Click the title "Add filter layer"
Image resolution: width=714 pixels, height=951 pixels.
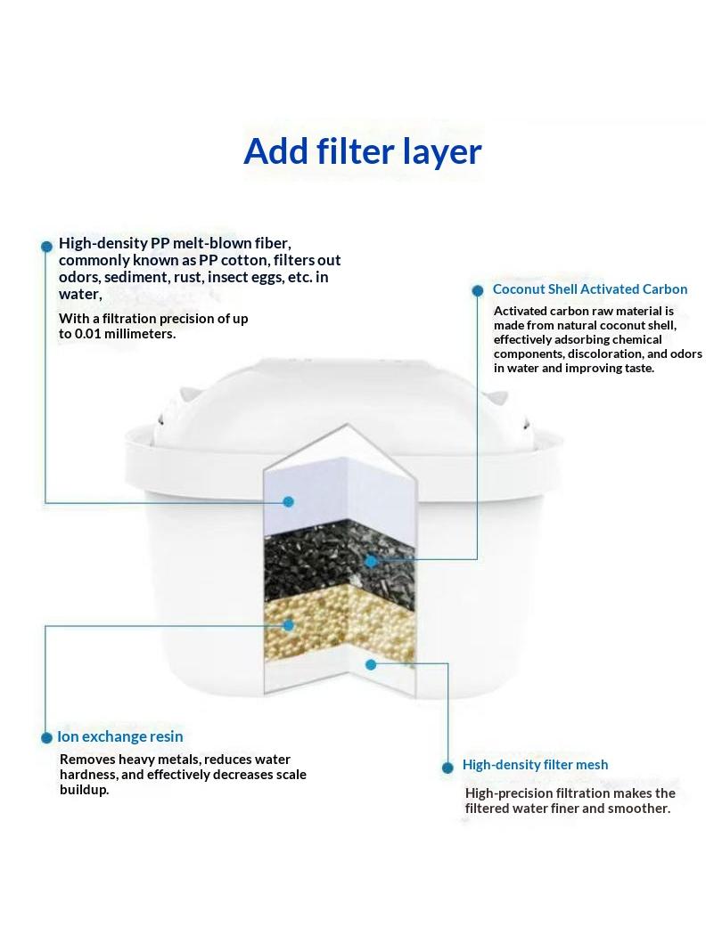[x=363, y=151]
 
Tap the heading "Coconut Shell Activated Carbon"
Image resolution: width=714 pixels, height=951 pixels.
[x=589, y=289]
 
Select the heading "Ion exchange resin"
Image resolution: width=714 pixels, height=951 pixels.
[x=120, y=736]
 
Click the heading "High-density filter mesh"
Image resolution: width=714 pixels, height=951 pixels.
[x=535, y=765]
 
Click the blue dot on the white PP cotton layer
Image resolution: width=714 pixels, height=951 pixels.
[x=289, y=501]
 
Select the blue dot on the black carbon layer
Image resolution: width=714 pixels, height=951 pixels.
[x=371, y=561]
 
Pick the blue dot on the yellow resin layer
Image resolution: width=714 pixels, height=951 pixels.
[x=289, y=625]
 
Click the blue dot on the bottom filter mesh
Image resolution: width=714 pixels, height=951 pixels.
[x=371, y=665]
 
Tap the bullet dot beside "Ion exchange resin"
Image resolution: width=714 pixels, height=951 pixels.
[x=46, y=737]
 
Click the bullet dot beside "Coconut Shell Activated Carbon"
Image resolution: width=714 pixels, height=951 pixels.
[x=478, y=290]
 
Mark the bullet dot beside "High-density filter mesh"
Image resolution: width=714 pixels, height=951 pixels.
[x=448, y=768]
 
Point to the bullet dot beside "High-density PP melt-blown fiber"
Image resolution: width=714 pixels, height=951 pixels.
[x=46, y=247]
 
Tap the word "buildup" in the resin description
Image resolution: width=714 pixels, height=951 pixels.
[x=85, y=790]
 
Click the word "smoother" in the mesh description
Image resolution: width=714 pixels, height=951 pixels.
[x=639, y=809]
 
